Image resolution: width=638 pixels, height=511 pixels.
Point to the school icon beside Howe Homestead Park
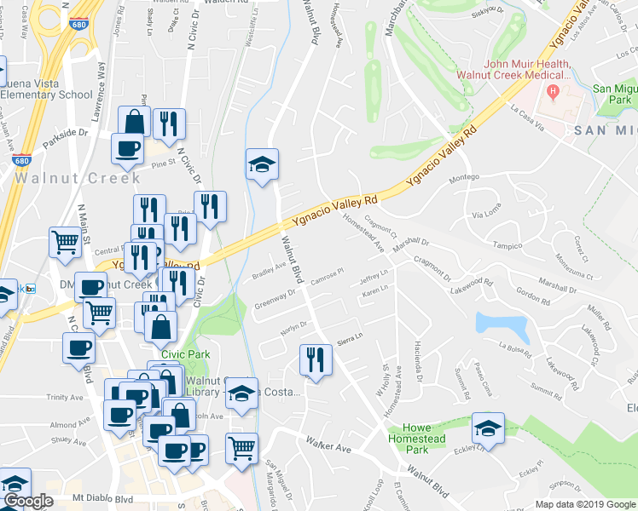[x=488, y=428]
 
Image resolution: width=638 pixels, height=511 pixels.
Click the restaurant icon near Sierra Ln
[x=316, y=360]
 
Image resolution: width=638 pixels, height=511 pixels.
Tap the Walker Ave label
[x=329, y=446]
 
